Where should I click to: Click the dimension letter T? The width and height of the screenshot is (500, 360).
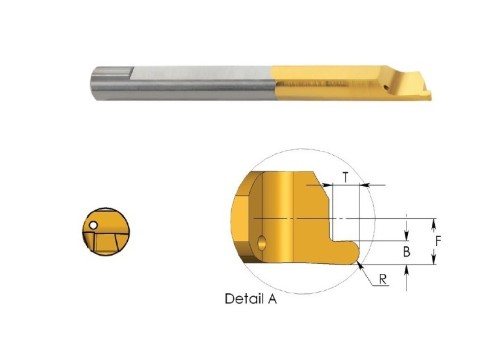[x=346, y=177]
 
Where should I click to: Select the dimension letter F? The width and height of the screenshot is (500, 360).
[x=438, y=241]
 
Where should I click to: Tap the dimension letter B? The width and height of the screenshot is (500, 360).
[x=407, y=252]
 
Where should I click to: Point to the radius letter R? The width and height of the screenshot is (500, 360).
[x=383, y=279]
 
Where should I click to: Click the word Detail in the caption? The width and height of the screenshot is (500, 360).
[x=242, y=298]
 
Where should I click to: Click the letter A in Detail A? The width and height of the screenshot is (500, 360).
[x=272, y=299]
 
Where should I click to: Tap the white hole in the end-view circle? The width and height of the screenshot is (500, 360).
[x=94, y=225]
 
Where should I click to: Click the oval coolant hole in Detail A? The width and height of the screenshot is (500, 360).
[x=262, y=242]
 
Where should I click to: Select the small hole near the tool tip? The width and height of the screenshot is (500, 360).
[x=387, y=88]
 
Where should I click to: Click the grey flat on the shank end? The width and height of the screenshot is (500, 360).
[x=113, y=73]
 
